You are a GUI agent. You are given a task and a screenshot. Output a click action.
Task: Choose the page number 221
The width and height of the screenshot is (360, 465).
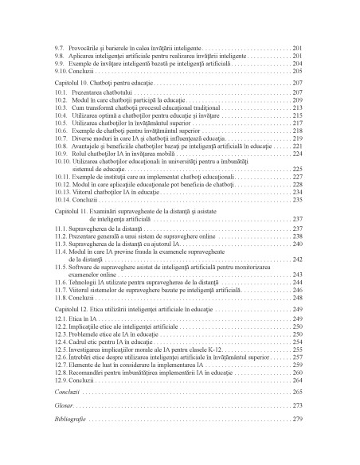point(298,146)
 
